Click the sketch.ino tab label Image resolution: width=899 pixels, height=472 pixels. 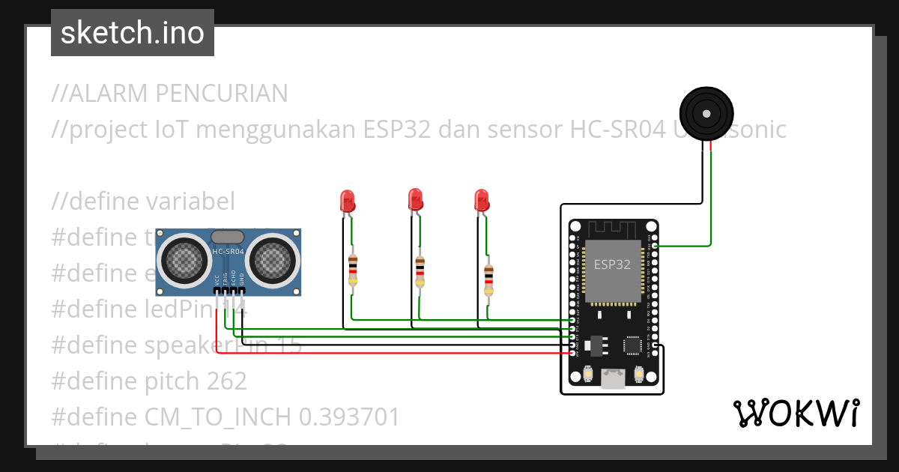click(x=133, y=33)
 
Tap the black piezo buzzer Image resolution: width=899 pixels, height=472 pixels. click(x=706, y=113)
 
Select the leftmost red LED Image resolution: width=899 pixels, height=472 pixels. click(x=347, y=200)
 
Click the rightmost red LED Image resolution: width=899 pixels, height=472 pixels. click(x=482, y=200)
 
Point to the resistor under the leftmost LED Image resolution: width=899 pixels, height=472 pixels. click(x=353, y=270)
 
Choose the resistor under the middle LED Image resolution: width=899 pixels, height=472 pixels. click(x=420, y=271)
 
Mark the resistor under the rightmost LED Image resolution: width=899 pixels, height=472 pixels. click(x=488, y=279)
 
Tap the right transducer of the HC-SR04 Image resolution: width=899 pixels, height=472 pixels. click(x=273, y=258)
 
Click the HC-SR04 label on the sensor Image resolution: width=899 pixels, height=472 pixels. click(x=228, y=252)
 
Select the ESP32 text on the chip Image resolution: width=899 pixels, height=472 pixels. click(x=612, y=264)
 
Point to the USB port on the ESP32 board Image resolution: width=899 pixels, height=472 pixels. click(x=614, y=380)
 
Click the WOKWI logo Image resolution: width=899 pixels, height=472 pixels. click(x=796, y=413)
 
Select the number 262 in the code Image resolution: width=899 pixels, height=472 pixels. click(x=225, y=381)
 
